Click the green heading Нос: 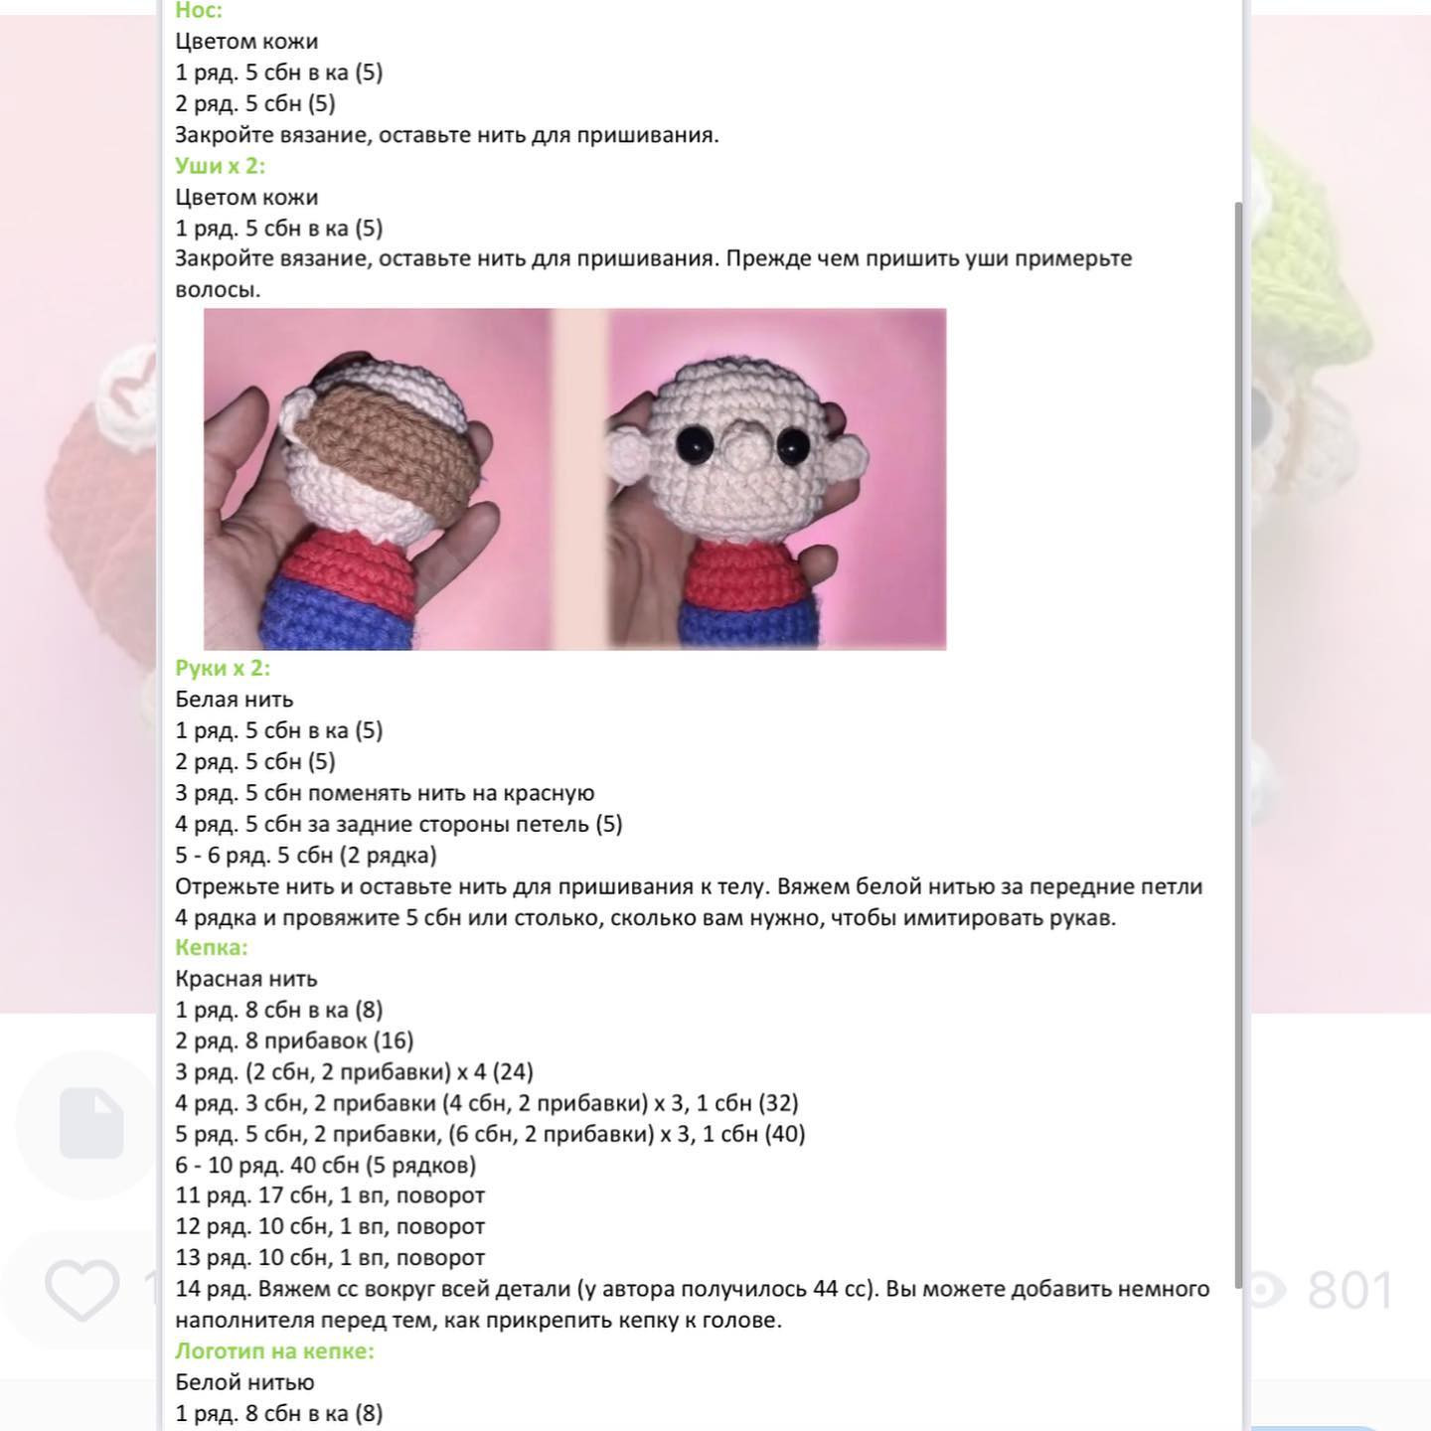(x=199, y=11)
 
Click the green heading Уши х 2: (x=220, y=166)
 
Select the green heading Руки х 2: (x=223, y=668)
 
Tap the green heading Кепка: (x=211, y=947)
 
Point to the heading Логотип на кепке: (x=274, y=1351)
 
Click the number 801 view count (x=1351, y=1290)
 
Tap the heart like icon (x=81, y=1290)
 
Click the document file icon (x=91, y=1123)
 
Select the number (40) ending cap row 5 (x=785, y=1134)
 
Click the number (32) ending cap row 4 (x=778, y=1103)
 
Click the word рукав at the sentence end (x=1081, y=917)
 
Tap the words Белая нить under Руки (x=234, y=700)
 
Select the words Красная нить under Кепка (x=245, y=979)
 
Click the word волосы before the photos (x=217, y=290)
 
